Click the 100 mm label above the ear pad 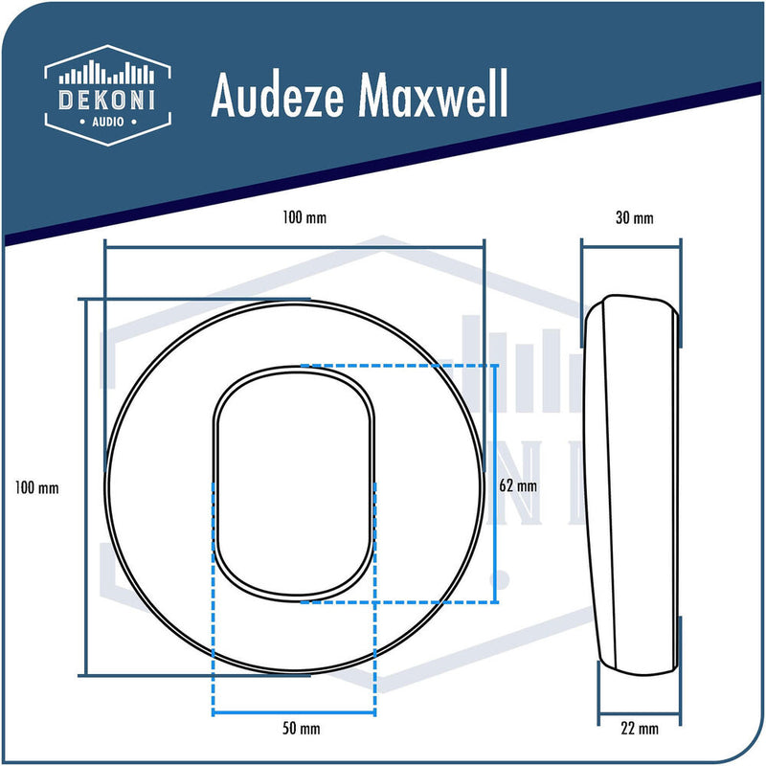[x=305, y=218]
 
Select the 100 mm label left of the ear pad [x=37, y=487]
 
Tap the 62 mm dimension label [x=519, y=485]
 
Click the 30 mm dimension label [x=634, y=218]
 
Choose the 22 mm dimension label [x=640, y=730]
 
